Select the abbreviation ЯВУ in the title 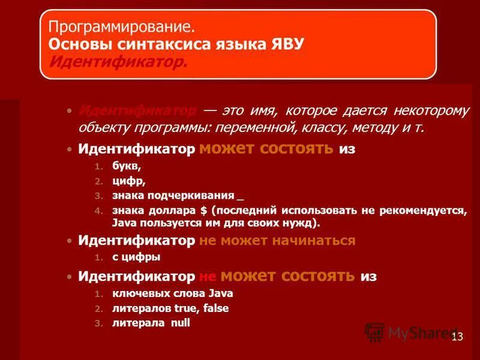click(286, 44)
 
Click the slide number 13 click(457, 337)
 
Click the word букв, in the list click(127, 167)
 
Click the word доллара click(172, 211)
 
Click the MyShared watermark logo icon click(375, 332)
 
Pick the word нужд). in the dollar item click(304, 223)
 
